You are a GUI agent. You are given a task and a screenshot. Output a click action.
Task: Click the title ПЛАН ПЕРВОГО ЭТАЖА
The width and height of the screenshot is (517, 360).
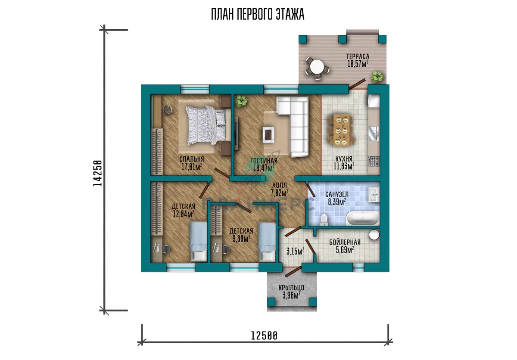(258, 15)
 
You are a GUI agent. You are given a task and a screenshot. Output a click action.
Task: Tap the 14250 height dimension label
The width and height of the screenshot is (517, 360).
(97, 173)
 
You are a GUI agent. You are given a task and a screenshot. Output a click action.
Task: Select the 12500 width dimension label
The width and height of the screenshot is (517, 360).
(264, 336)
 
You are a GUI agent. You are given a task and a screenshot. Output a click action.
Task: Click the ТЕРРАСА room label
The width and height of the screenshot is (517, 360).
(358, 56)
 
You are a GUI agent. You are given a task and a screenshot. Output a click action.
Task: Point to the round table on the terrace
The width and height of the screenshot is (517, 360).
(317, 67)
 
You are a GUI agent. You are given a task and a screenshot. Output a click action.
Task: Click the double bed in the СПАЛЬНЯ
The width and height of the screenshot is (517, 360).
(206, 125)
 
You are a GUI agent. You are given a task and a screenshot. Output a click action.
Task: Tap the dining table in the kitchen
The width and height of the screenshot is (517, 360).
(342, 131)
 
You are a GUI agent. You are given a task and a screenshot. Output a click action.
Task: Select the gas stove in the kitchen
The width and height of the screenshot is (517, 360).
(374, 161)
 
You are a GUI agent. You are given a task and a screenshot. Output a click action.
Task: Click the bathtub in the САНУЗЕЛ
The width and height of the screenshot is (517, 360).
(363, 218)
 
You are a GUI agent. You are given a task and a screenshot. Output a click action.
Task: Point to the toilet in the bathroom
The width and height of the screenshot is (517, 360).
(324, 220)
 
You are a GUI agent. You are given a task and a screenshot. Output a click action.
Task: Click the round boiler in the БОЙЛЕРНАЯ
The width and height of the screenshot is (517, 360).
(374, 235)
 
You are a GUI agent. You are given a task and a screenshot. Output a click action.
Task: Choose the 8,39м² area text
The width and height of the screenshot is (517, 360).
(337, 202)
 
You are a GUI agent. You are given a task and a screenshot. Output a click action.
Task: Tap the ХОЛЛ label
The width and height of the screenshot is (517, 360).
(279, 185)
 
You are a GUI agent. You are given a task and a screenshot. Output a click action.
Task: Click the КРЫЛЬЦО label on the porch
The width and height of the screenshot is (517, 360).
(291, 288)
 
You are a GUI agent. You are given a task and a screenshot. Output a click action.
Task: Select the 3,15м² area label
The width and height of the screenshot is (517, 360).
(295, 251)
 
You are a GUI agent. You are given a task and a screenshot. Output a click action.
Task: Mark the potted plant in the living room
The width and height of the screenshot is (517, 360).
(241, 101)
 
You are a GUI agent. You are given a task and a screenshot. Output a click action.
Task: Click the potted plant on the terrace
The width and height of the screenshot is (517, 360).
(377, 77)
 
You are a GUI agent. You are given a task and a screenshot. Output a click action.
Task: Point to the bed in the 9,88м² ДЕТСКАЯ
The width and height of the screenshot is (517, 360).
(267, 242)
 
